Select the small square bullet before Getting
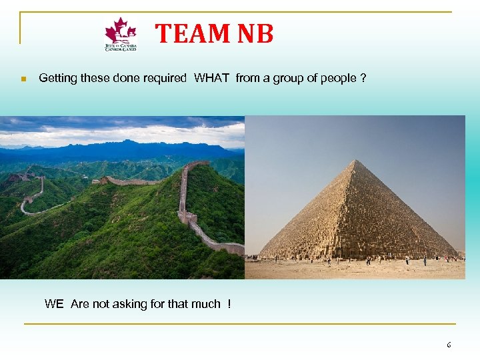tap(23, 79)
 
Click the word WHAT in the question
tap(211, 78)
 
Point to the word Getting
tap(58, 78)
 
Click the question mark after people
tap(363, 78)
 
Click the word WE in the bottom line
tap(54, 304)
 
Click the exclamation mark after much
tap(229, 304)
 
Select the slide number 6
tap(449, 345)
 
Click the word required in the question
tap(165, 78)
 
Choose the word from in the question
tap(247, 78)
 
